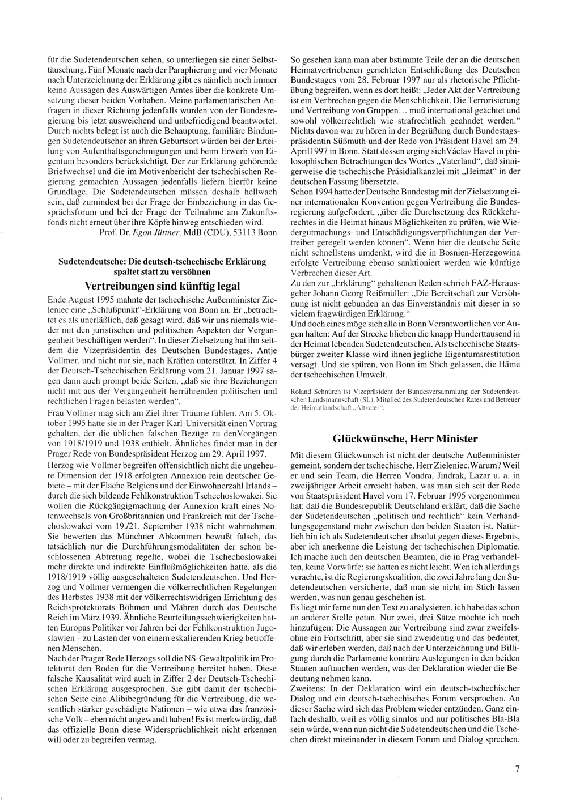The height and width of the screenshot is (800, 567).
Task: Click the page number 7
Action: [x=518, y=769]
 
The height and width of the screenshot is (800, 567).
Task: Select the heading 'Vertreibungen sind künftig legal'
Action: [x=162, y=286]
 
